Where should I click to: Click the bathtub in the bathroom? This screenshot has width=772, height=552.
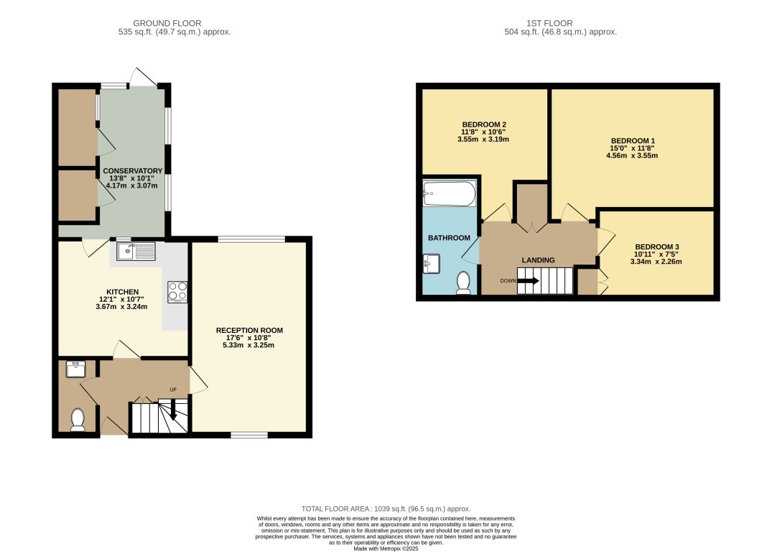450,194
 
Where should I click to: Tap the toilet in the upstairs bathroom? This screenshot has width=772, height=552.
463,282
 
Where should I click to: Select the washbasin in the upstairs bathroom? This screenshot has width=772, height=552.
432,264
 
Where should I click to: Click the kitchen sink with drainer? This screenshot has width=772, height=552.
136,252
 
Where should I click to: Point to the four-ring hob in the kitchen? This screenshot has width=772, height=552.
177,291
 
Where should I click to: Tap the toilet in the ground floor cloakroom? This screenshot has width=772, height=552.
78,420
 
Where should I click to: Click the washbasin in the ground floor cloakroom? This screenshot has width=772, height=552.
75,369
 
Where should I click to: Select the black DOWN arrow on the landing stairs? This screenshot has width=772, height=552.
529,281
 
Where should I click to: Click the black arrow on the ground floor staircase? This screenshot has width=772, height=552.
173,410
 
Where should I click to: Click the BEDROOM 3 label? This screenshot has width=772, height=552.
657,247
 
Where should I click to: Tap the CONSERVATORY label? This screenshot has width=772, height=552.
132,171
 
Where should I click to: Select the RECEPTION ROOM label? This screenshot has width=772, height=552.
249,330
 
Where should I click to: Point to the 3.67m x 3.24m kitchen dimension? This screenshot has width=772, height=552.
121,307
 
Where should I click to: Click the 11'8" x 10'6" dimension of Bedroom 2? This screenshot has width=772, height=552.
483,132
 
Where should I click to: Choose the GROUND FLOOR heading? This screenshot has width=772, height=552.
167,23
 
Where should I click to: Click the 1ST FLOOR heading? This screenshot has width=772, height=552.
549,23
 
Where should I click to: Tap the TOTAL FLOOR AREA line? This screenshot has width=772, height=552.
386,509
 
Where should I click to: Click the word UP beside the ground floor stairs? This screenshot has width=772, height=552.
173,390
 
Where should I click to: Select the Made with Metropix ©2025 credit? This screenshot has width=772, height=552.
386,548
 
